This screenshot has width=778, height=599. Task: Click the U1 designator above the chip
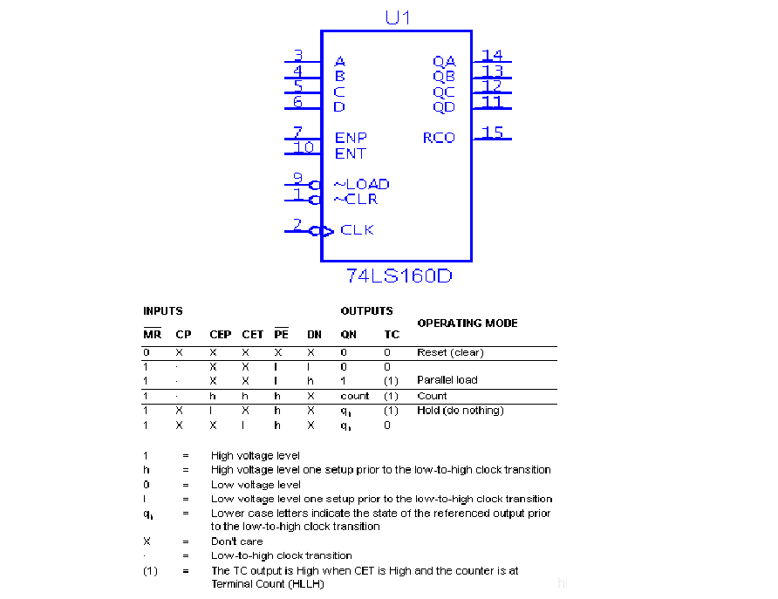[x=398, y=17]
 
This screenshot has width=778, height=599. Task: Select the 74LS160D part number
[x=399, y=276]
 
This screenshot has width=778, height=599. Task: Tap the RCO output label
[x=439, y=138]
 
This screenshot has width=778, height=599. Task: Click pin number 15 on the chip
[x=493, y=133]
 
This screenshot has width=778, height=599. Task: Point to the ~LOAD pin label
[x=362, y=184]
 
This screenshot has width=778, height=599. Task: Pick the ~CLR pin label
[x=356, y=199]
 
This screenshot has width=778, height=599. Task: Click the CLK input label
[x=357, y=230]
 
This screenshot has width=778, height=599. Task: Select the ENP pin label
[x=351, y=138]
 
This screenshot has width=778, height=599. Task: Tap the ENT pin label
[x=351, y=153]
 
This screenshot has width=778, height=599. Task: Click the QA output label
[x=444, y=62]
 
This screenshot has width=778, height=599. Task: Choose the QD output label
[x=444, y=107]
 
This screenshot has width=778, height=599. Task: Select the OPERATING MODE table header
[x=467, y=323]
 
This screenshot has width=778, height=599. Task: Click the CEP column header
[x=221, y=335]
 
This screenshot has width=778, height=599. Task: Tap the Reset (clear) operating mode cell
[x=450, y=352]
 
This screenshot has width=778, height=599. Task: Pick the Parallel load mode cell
[x=447, y=380]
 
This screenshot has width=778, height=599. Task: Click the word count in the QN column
[x=354, y=396]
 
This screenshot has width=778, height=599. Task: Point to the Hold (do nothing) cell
[x=461, y=410]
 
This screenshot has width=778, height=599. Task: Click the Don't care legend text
[x=237, y=541]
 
